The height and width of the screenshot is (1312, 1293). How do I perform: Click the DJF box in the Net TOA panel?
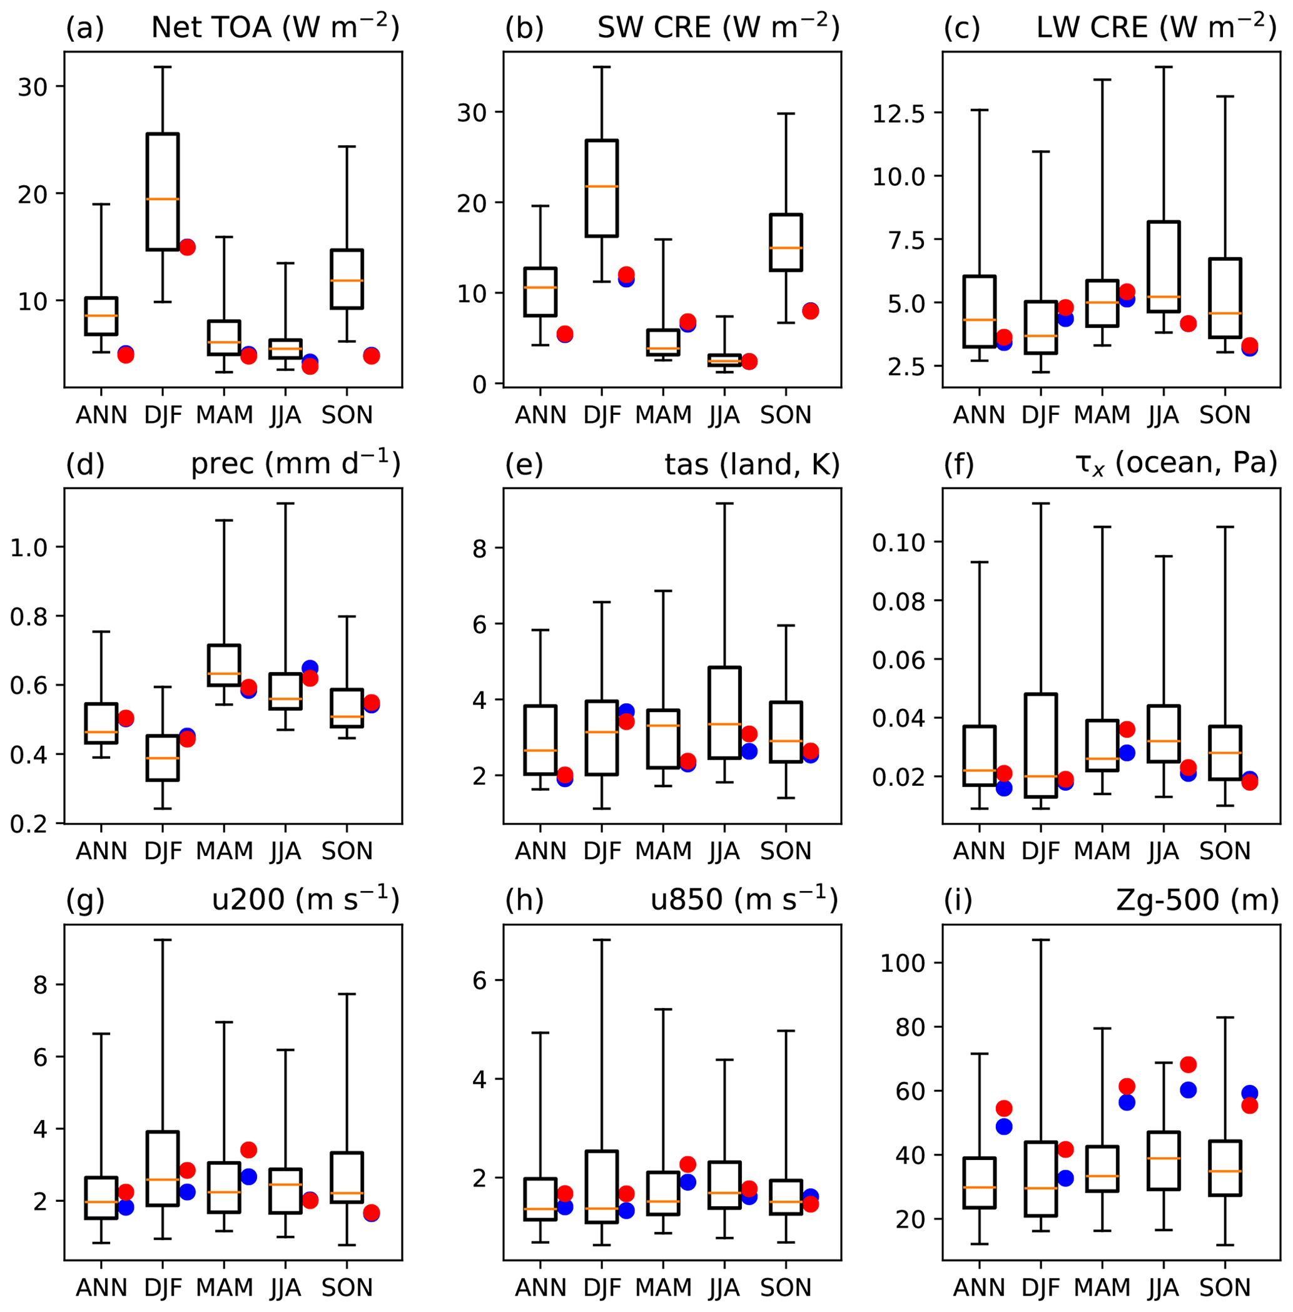point(163,191)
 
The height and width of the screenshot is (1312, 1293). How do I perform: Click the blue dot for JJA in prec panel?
point(310,668)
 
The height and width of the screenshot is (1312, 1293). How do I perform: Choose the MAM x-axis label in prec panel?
point(224,850)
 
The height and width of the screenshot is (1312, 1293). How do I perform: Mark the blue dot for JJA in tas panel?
point(749,751)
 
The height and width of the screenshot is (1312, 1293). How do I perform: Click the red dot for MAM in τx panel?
point(1127,730)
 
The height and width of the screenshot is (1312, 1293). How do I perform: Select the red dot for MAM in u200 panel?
point(248,1150)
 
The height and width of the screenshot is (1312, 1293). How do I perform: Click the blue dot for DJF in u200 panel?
point(188,1192)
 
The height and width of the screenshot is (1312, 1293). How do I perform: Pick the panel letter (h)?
point(524,900)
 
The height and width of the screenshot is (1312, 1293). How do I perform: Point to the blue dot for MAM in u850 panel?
point(688,1182)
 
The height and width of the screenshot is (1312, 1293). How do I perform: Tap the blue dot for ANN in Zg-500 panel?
point(1004,1126)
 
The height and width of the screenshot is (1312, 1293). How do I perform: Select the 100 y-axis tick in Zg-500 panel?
point(903,963)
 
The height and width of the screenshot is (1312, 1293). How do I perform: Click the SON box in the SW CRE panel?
point(786,242)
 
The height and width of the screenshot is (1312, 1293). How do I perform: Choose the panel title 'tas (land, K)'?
point(752,464)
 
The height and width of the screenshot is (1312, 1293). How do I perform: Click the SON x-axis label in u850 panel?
point(786,1287)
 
